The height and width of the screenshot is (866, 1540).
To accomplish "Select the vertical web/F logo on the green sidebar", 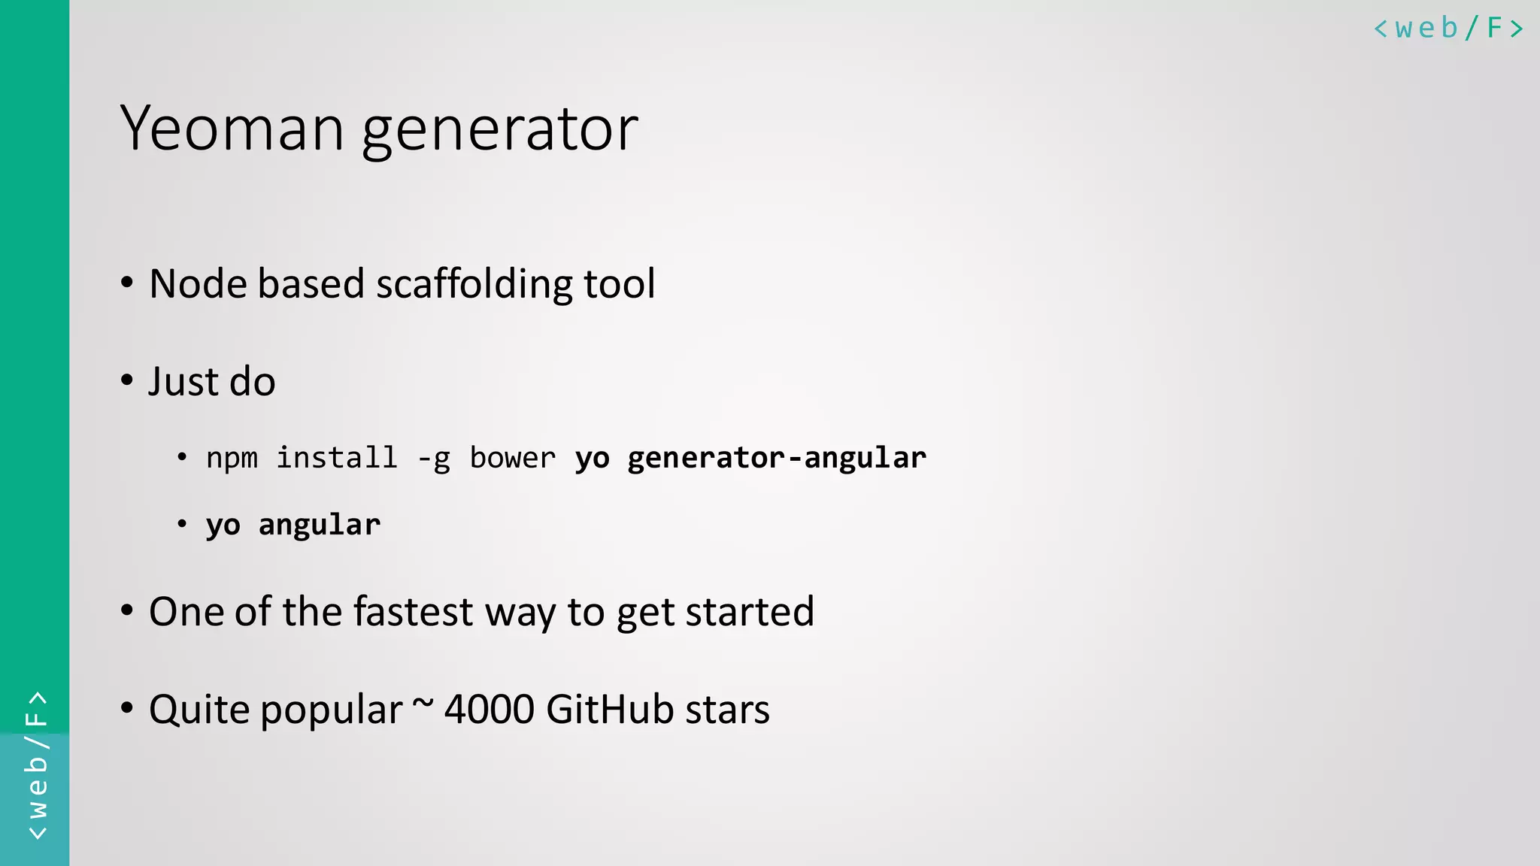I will (x=36, y=765).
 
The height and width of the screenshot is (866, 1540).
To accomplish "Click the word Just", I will (x=183, y=381).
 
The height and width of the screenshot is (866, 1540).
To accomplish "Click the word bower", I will (x=512, y=458).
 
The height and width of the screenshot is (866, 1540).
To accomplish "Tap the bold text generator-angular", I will (x=777, y=458).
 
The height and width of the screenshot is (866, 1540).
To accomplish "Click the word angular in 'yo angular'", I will (x=320, y=525).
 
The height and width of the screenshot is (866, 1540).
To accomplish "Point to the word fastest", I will (x=413, y=611).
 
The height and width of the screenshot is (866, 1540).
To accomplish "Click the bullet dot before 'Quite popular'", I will (x=127, y=707).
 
